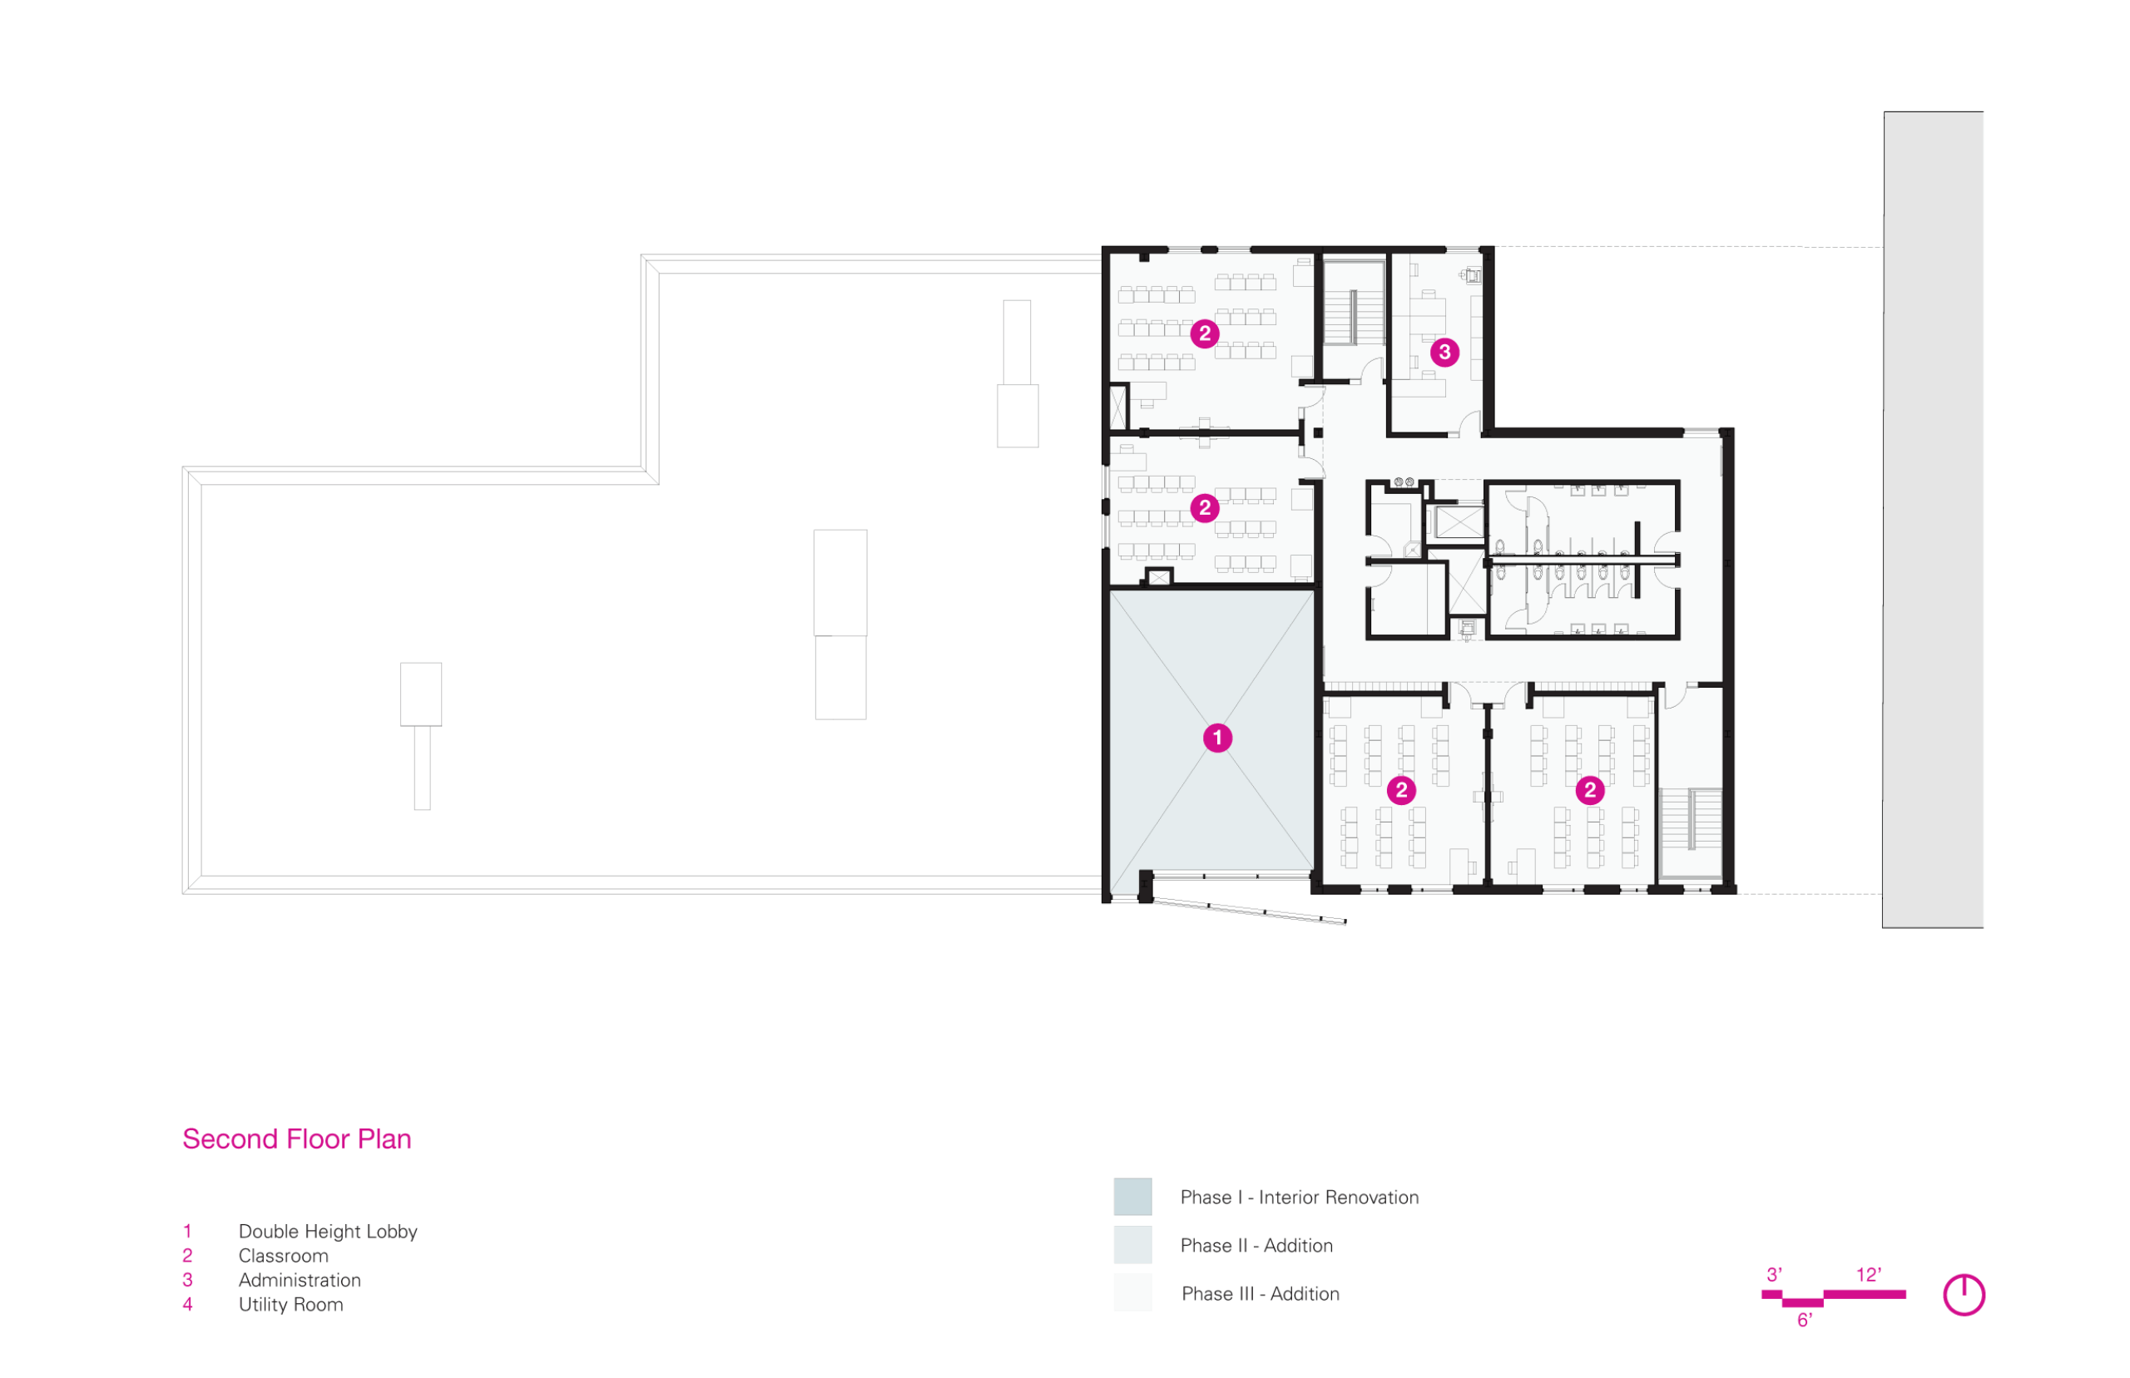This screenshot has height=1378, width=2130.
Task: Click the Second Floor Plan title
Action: [x=296, y=1139]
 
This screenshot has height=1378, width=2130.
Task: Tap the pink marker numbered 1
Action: [x=1217, y=738]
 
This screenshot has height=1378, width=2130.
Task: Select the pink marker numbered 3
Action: [x=1444, y=353]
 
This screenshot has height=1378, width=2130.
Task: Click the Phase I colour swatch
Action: [x=1132, y=1198]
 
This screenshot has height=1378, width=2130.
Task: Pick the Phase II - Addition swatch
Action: [x=1132, y=1246]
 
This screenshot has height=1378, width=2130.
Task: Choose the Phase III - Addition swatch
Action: [x=1132, y=1293]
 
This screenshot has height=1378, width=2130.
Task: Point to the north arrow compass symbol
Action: [x=1964, y=1295]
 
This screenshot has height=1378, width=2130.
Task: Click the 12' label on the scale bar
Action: [x=1869, y=1275]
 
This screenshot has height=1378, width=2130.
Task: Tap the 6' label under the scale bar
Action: [x=1804, y=1321]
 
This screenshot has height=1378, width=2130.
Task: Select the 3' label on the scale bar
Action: [x=1774, y=1275]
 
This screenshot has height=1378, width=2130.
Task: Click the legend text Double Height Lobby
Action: [x=328, y=1232]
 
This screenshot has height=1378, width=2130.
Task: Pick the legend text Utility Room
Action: [x=291, y=1305]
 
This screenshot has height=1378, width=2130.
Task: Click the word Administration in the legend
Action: [x=300, y=1281]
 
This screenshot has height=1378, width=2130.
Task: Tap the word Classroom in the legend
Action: [x=284, y=1257]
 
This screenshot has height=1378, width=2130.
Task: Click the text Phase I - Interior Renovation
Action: [x=1300, y=1198]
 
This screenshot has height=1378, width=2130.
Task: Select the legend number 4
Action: [x=188, y=1305]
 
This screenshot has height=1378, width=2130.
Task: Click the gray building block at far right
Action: [x=1933, y=520]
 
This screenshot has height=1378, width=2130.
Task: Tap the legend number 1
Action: [x=187, y=1232]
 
